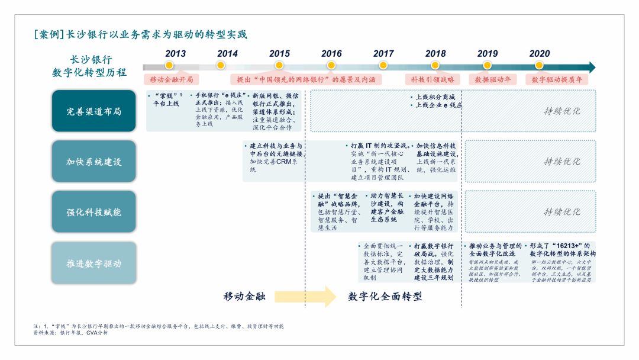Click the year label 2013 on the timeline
[175, 53]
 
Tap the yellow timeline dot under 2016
[331, 65]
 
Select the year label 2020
[539, 53]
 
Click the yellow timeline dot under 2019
[487, 65]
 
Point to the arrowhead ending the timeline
[591, 67]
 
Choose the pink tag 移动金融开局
[170, 79]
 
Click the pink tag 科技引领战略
[433, 79]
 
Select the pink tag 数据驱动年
[493, 79]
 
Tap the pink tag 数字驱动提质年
[556, 79]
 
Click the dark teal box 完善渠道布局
[93, 111]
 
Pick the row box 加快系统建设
[93, 161]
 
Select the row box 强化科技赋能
[93, 211]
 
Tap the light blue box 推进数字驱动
[93, 263]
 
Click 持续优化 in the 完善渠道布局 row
[561, 111]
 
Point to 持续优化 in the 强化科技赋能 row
[561, 211]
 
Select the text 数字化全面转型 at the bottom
[385, 297]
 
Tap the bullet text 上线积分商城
[435, 97]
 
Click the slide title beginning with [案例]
[140, 34]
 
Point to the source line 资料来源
[70, 333]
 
